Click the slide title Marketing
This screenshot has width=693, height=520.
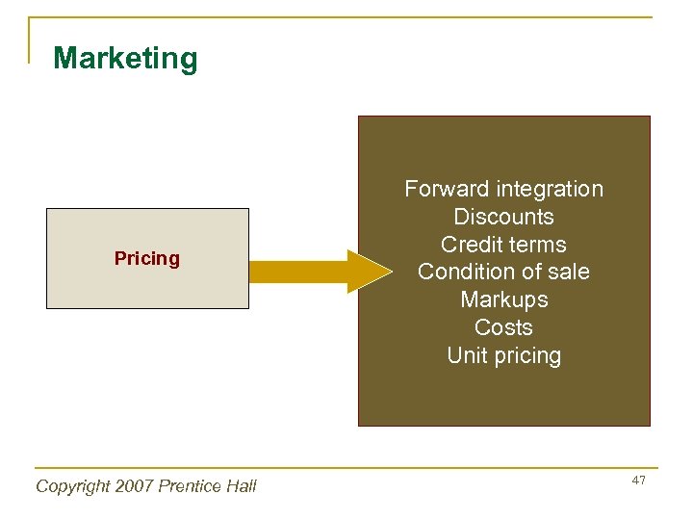click(125, 59)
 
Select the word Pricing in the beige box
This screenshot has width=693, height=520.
click(147, 258)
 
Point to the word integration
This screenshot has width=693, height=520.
click(549, 189)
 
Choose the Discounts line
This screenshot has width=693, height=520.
click(503, 217)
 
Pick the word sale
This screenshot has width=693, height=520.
click(566, 273)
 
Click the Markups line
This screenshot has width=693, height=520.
click(503, 300)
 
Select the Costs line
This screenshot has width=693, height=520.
click(503, 327)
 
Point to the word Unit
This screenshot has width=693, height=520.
click(467, 355)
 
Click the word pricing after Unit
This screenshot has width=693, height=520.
click(526, 356)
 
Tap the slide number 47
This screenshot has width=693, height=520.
click(639, 480)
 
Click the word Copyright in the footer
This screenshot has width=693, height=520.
click(73, 486)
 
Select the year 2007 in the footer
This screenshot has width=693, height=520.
click(138, 486)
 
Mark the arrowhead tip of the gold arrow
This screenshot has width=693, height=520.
click(391, 271)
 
